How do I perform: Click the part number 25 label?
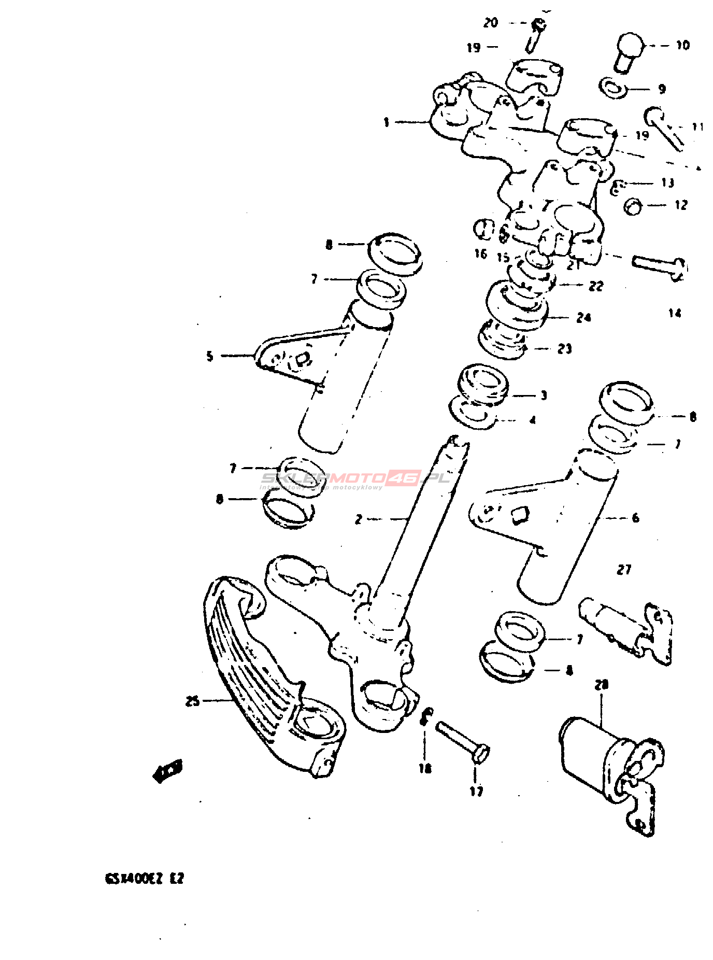(x=192, y=701)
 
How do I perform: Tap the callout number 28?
(x=601, y=685)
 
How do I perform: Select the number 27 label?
(x=624, y=570)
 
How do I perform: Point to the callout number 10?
(x=683, y=46)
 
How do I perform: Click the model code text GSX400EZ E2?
(x=145, y=879)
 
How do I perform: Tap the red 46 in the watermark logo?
(x=404, y=477)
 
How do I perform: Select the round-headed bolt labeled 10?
(x=629, y=51)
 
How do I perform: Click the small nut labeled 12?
(x=633, y=206)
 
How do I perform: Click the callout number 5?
(x=210, y=356)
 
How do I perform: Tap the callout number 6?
(x=636, y=518)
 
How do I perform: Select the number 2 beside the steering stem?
(x=358, y=519)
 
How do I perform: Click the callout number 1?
(x=387, y=122)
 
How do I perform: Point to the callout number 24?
(x=583, y=317)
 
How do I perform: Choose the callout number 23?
(x=565, y=349)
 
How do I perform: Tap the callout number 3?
(x=544, y=396)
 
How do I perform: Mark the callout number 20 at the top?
(x=490, y=23)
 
